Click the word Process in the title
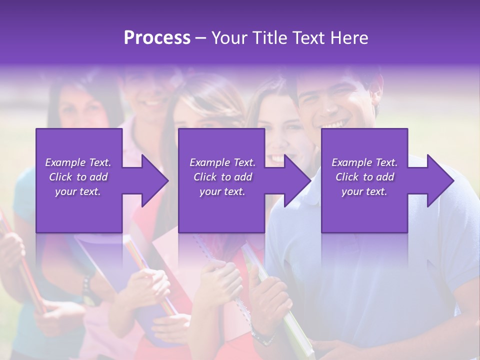pos(157,38)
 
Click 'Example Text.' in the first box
pos(78,162)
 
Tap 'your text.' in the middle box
pos(222,191)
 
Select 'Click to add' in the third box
pos(364,177)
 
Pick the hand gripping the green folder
pos(270,300)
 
